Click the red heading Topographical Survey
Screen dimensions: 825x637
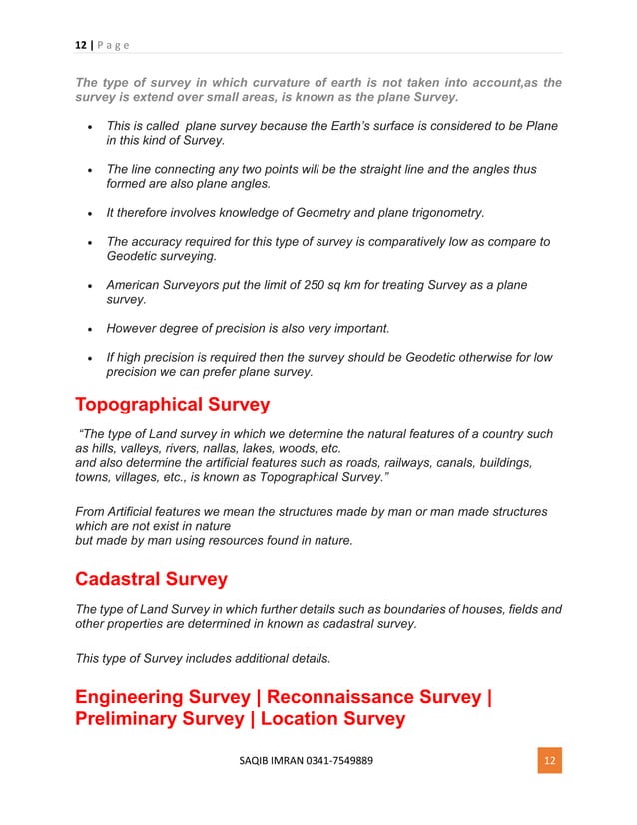[172, 405]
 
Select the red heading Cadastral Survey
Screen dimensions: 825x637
[151, 579]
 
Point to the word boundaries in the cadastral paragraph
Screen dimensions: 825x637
[370, 609]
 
